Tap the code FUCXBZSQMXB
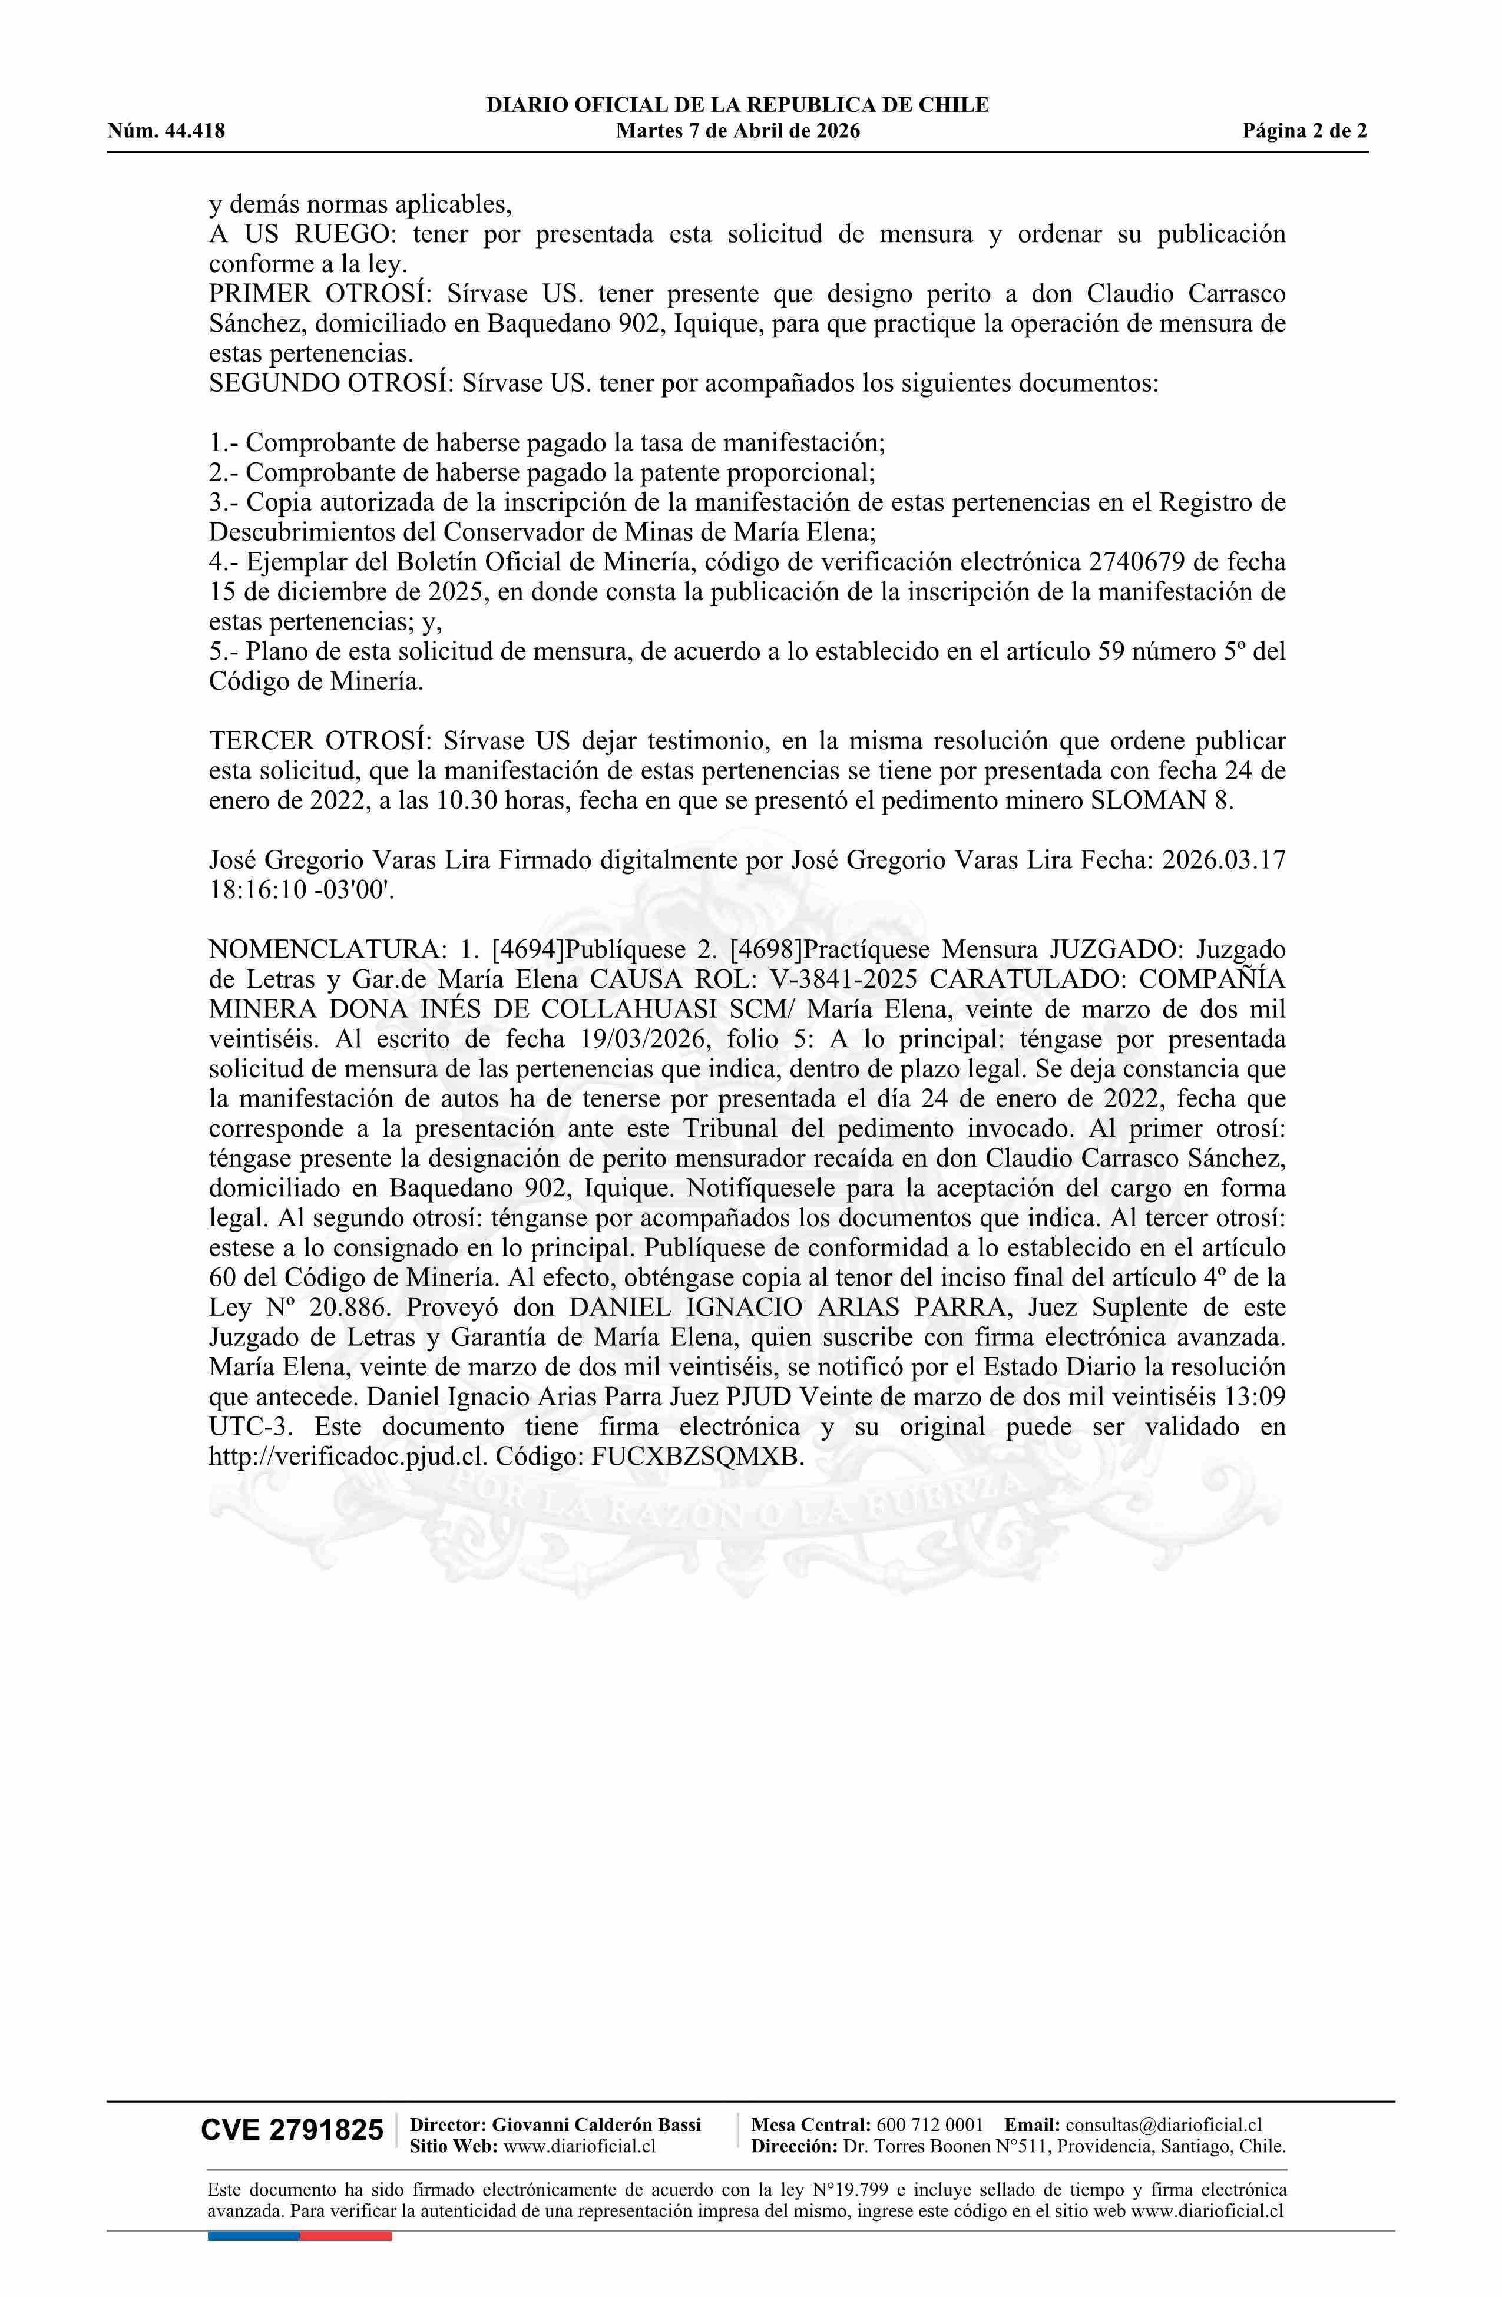(x=696, y=1457)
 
